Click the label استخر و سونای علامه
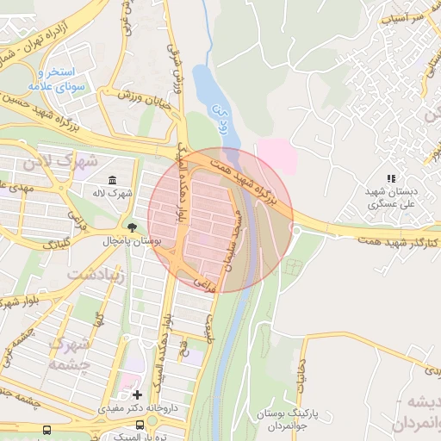(53, 79)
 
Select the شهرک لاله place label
(114, 193)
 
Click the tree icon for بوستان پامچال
(132, 228)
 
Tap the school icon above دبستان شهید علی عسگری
(391, 178)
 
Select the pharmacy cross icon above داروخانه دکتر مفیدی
(136, 394)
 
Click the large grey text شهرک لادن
(73, 161)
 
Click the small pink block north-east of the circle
(278, 156)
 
